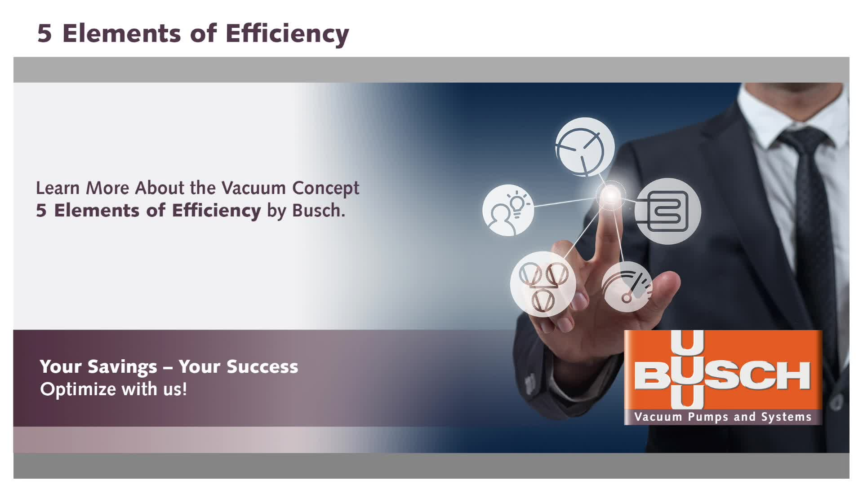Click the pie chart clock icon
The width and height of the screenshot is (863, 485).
[585, 147]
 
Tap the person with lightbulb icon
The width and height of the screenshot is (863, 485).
[508, 210]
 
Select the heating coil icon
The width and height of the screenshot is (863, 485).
[668, 211]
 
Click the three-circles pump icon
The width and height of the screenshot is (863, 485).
[543, 284]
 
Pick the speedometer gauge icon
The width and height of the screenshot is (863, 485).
[627, 287]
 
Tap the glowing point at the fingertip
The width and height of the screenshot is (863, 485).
[611, 195]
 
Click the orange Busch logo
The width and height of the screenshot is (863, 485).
[723, 377]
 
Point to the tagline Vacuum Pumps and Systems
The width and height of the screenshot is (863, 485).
[723, 417]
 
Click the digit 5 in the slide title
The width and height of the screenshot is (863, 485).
[44, 34]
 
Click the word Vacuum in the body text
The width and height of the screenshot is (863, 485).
[254, 188]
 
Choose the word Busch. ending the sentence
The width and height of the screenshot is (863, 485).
[319, 210]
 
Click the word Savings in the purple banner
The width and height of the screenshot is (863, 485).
[122, 367]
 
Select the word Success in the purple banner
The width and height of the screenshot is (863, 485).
[262, 367]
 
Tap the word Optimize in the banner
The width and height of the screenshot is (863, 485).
[79, 389]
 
